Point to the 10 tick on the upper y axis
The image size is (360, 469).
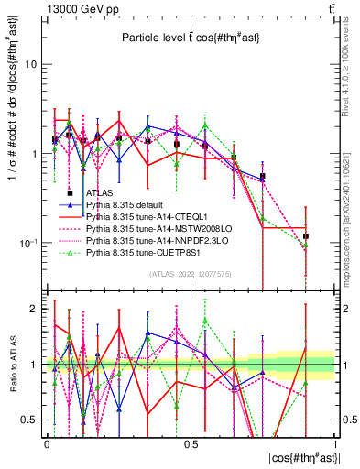31,65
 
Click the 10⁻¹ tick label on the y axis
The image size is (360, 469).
27,243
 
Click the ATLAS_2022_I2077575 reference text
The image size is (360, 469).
191,274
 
